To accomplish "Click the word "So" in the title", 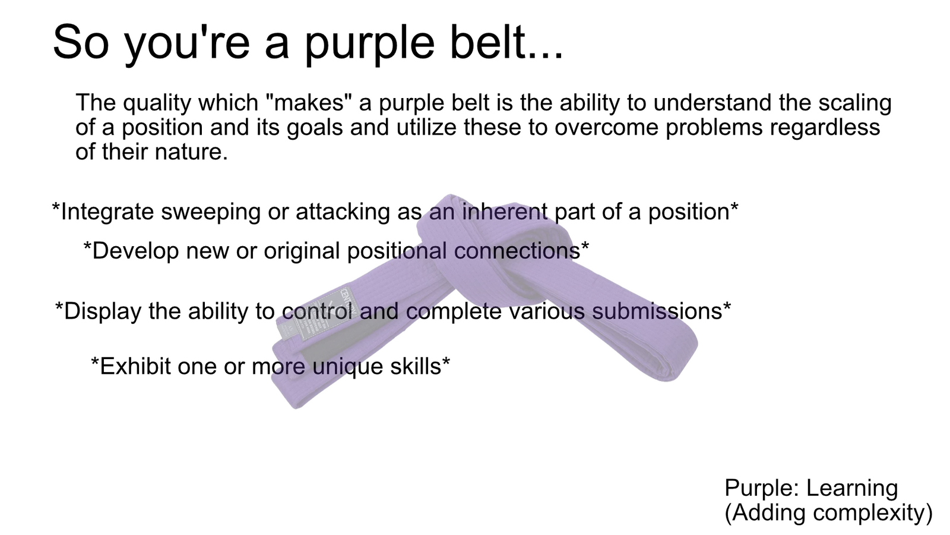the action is [x=81, y=42].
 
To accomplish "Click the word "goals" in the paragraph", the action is [x=315, y=128].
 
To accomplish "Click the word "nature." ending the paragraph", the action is [x=192, y=152].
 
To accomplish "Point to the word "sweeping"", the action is [x=211, y=212].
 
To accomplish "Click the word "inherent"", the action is [x=505, y=211].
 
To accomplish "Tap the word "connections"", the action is [x=517, y=250].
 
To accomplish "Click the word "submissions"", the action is [x=657, y=311].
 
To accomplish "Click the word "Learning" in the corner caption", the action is [x=852, y=489].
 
